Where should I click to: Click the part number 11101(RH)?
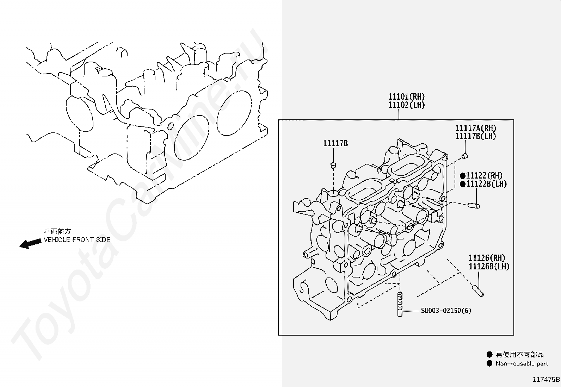406,96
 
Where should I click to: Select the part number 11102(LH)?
406,105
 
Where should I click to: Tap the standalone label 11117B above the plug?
335,143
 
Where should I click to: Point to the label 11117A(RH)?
476,128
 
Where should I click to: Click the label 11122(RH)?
484,176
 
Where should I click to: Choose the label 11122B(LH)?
486,184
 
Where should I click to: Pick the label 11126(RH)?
487,258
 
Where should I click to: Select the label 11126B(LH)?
489,266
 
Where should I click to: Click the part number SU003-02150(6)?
446,311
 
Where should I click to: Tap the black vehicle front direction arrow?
31,243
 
